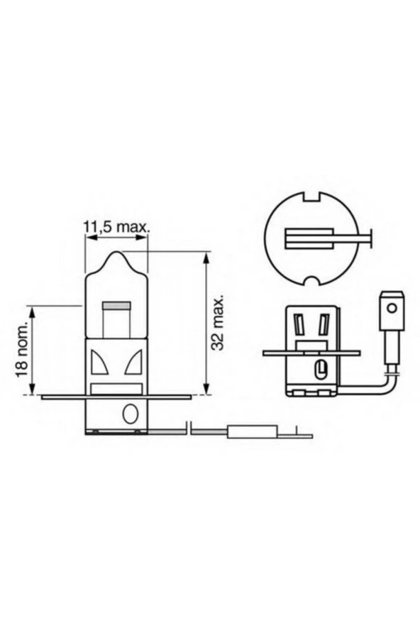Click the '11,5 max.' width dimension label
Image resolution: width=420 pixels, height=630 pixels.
coord(116,227)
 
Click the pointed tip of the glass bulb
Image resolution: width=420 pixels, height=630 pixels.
coord(116,253)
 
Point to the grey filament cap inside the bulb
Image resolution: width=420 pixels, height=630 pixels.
coord(116,307)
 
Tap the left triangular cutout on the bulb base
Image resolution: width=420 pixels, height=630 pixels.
coord(99,364)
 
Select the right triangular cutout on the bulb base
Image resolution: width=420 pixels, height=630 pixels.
coord(133,364)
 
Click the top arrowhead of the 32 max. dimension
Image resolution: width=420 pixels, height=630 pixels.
coord(206,255)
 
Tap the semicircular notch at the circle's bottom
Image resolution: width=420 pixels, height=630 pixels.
coord(309,282)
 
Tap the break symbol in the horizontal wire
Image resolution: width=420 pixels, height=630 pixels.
coord(189,428)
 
